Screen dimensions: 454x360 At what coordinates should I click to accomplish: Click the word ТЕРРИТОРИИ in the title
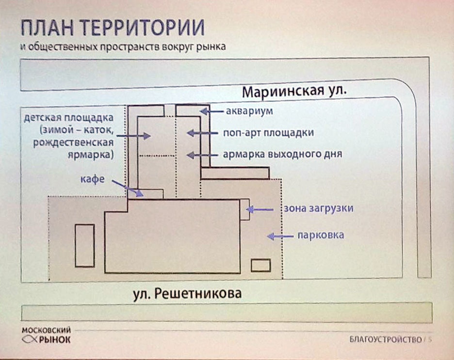pyautogui.click(x=142, y=28)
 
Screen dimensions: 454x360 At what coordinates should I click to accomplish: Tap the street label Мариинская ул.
pyautogui.click(x=294, y=92)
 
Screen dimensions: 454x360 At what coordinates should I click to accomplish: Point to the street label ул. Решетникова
pyautogui.click(x=187, y=294)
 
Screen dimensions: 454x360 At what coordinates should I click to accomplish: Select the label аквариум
pyautogui.click(x=249, y=111)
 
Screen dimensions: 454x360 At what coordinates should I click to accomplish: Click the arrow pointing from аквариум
pyautogui.click(x=211, y=111)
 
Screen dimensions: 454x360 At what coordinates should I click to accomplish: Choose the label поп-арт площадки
pyautogui.click(x=268, y=133)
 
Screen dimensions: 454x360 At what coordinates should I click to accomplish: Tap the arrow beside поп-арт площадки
pyautogui.click(x=202, y=133)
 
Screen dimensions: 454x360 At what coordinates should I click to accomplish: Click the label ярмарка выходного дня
pyautogui.click(x=282, y=154)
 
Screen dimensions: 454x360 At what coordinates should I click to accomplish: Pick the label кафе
pyautogui.click(x=92, y=179)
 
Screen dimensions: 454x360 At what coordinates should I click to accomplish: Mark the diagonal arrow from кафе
pyautogui.click(x=128, y=188)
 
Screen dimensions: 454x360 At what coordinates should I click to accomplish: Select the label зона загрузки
pyautogui.click(x=319, y=208)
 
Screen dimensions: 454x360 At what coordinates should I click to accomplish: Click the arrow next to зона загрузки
pyautogui.click(x=259, y=209)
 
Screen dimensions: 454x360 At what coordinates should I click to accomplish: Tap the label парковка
pyautogui.click(x=321, y=235)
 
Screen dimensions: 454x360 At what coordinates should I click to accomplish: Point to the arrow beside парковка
pyautogui.click(x=280, y=236)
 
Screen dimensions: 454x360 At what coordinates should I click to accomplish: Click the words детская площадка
pyautogui.click(x=68, y=118)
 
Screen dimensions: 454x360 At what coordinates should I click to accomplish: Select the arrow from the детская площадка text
pyautogui.click(x=133, y=135)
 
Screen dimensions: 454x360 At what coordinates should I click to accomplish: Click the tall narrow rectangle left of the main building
pyautogui.click(x=85, y=246)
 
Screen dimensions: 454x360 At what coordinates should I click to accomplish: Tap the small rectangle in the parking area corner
pyautogui.click(x=261, y=266)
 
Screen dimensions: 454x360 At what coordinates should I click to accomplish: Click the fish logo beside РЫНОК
pyautogui.click(x=30, y=340)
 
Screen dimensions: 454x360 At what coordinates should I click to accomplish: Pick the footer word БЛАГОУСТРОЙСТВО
pyautogui.click(x=386, y=339)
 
